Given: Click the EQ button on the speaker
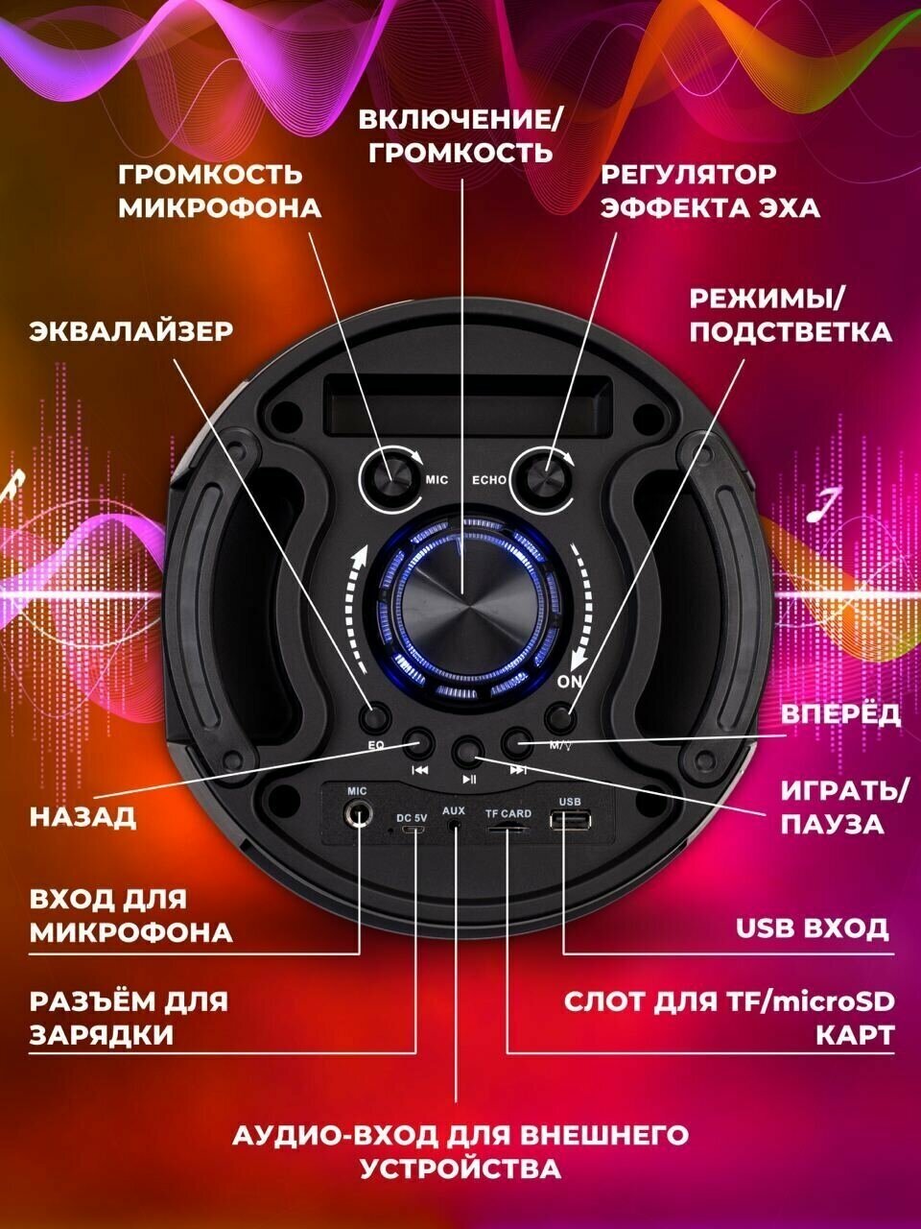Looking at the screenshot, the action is tap(375, 715).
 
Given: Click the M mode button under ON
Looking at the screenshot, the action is tap(559, 717).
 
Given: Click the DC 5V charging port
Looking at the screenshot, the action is tap(413, 829).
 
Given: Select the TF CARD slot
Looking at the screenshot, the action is tap(508, 828).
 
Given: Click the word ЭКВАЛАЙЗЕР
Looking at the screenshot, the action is tap(131, 331).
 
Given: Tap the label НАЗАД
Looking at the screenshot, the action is tap(83, 817).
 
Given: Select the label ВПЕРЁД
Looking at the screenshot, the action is tap(840, 714).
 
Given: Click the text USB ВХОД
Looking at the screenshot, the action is tap(812, 929).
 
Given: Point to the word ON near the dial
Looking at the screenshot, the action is tap(569, 683).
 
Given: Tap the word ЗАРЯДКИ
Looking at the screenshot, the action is tap(102, 1035).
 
